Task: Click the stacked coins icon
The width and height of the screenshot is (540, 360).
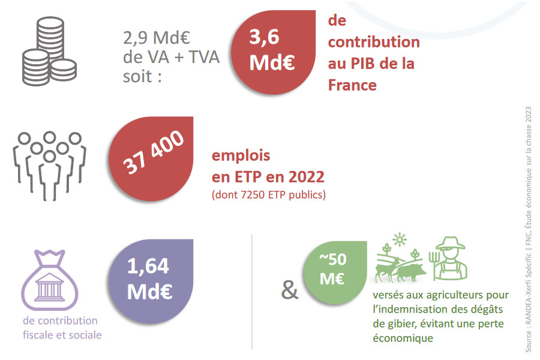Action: pos(49,51)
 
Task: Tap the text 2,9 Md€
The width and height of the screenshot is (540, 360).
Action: pos(157,38)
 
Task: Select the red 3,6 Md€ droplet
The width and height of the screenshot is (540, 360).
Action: pos(274,52)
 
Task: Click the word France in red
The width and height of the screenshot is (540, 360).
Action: pos(352,85)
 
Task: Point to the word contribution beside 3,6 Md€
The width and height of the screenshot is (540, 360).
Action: pos(374,42)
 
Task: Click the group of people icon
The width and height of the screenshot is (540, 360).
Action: pos(49,166)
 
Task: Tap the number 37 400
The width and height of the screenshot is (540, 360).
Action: pos(153,152)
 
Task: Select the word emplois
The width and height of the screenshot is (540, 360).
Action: pos(241,155)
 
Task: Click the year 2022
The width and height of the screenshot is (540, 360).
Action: pos(306,177)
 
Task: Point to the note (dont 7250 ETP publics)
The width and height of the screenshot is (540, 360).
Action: pos(269,195)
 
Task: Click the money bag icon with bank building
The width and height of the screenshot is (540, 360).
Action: pos(50,280)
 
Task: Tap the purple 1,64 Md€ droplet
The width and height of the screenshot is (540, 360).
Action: pos(151,281)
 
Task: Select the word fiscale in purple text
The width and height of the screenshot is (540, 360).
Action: pos(38,335)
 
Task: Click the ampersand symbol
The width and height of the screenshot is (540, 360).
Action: pos(290,290)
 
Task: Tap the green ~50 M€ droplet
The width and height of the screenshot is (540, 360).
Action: pos(335,272)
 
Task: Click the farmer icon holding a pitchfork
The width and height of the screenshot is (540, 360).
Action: pos(448,258)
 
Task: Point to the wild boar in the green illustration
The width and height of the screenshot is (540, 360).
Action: pos(411,272)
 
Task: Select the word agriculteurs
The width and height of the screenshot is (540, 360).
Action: pos(455,295)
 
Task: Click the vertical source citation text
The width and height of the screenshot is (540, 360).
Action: pos(528,229)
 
